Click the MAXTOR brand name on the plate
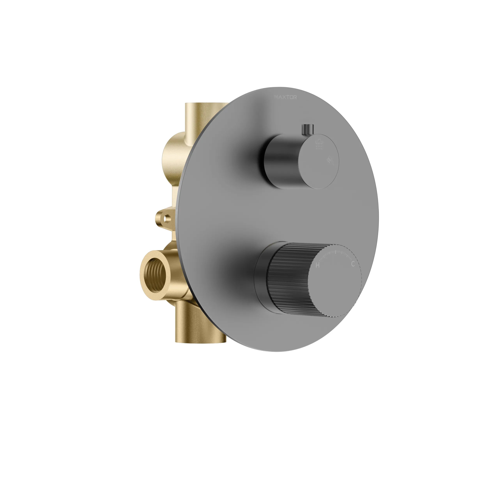(x=285, y=97)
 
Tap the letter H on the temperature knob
(x=318, y=265)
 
